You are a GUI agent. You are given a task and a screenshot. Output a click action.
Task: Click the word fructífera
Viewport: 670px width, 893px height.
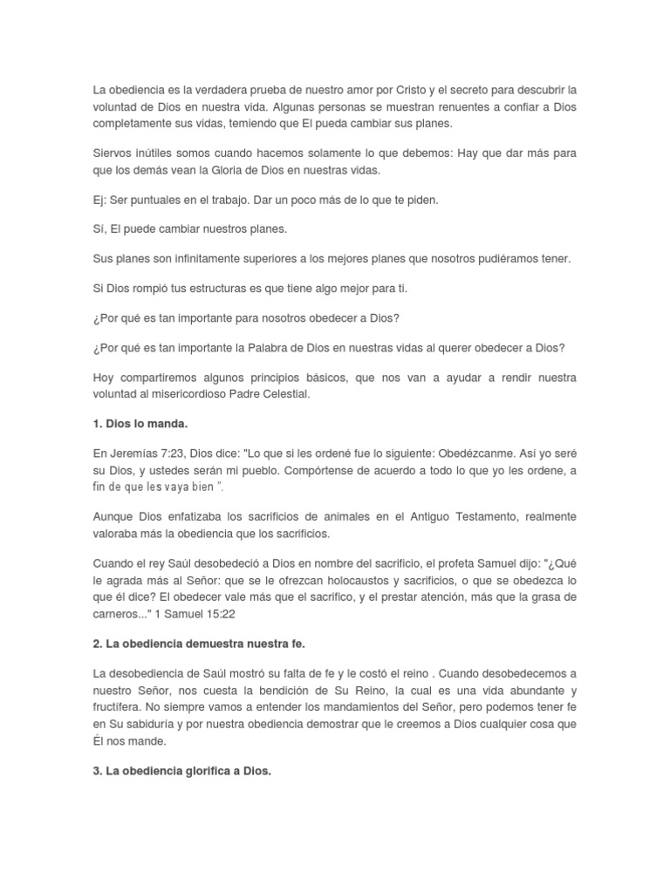pyautogui.click(x=124, y=707)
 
